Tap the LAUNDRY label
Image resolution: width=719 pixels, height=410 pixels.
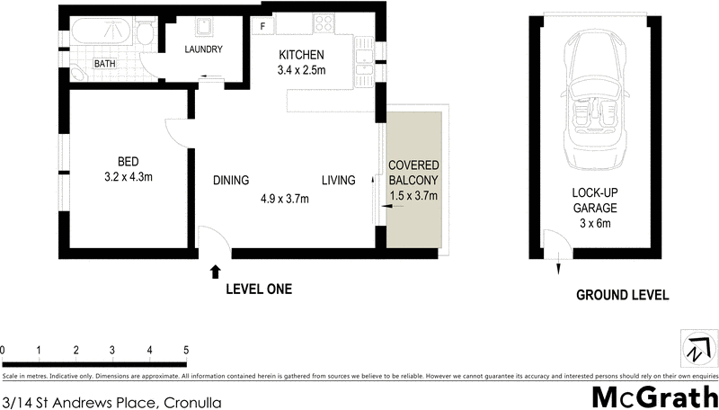click(203, 49)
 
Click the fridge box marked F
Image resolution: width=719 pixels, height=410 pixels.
click(262, 26)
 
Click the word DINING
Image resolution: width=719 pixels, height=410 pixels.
click(231, 181)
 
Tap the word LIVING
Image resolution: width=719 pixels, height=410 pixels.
click(339, 181)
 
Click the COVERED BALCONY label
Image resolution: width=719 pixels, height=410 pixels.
click(413, 174)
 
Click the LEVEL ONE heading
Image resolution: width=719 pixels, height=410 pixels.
click(259, 290)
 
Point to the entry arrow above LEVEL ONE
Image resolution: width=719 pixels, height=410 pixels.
click(215, 270)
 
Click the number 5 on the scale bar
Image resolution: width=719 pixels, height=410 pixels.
click(185, 350)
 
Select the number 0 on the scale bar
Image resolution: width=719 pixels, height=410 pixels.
click(4, 350)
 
